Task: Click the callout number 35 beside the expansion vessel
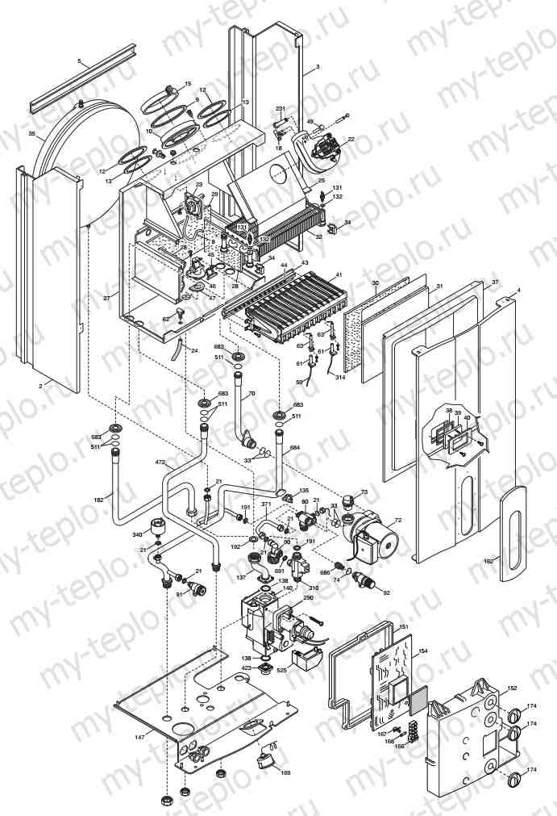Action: (31, 134)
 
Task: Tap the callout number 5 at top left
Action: (79, 61)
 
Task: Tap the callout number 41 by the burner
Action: (339, 275)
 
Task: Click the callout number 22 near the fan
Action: (351, 139)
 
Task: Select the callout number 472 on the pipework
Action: (160, 462)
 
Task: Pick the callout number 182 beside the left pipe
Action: (98, 500)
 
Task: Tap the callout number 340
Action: (138, 534)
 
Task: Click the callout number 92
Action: (386, 593)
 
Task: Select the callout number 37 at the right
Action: (495, 282)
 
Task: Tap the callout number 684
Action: (294, 448)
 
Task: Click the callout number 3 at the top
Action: (318, 66)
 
